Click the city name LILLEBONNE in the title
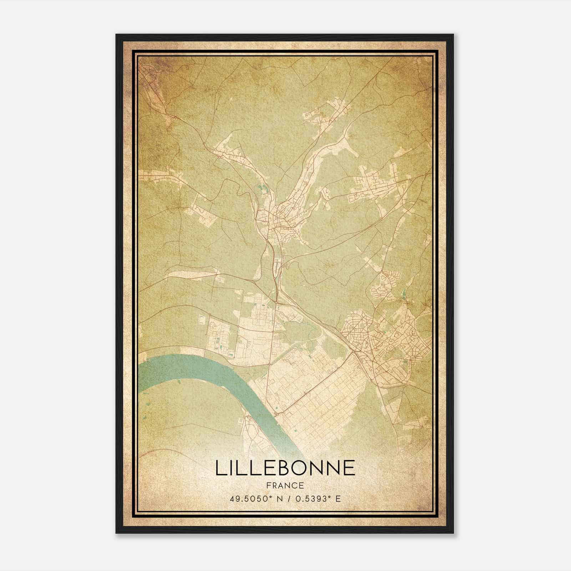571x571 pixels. (285, 468)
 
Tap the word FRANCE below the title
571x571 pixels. (285, 486)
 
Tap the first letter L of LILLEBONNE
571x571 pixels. (220, 468)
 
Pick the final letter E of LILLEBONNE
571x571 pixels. (350, 468)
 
